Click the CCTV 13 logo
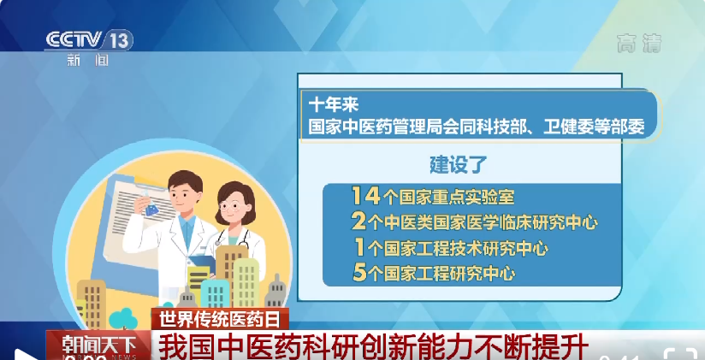click(89, 40)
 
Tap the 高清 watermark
click(639, 43)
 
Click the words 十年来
click(333, 104)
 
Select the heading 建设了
click(459, 164)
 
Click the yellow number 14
click(366, 196)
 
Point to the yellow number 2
click(358, 221)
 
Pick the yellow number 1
click(359, 247)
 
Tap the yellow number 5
click(359, 273)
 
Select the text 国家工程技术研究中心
click(465, 248)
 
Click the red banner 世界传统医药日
click(220, 319)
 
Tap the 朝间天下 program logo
click(98, 345)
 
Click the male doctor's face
click(186, 192)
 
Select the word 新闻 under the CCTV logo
click(88, 60)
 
